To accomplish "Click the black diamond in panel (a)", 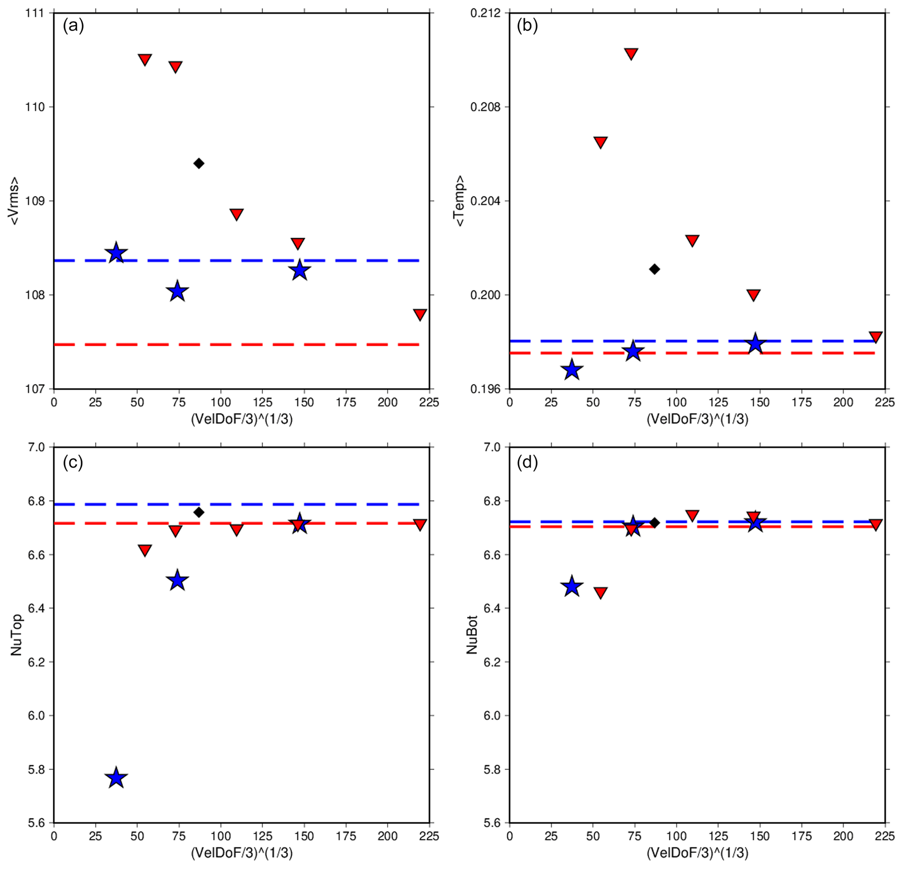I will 199,163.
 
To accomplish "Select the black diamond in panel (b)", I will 654,269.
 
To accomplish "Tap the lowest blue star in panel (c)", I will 116,778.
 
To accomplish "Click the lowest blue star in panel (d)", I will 572,587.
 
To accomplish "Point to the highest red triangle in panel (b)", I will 631,53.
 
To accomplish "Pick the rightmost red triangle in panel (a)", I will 420,314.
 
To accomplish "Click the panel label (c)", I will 73,462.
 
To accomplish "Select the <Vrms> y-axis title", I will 15,201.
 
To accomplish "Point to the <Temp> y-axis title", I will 459,201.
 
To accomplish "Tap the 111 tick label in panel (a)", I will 35,13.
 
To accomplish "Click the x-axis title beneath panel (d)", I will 697,853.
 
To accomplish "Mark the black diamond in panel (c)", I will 199,512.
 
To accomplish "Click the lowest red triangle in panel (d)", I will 600,592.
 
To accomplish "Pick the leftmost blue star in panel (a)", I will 116,253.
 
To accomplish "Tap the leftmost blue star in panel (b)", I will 572,370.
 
